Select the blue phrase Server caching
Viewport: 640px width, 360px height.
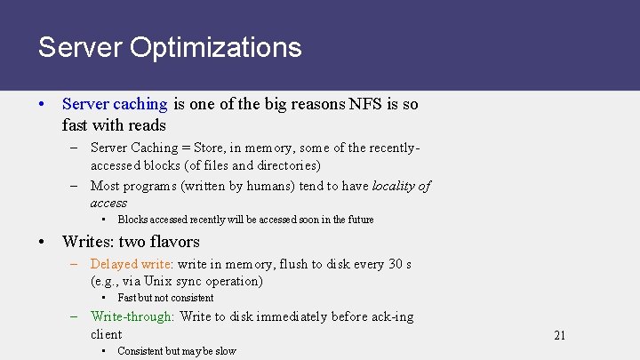click(115, 104)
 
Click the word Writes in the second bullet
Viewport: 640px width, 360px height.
click(86, 242)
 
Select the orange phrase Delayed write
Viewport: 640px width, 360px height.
click(132, 264)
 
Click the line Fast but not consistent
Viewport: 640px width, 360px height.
click(165, 298)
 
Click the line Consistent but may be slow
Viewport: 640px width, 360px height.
click(177, 351)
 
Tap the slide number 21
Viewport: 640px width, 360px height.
click(559, 335)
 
